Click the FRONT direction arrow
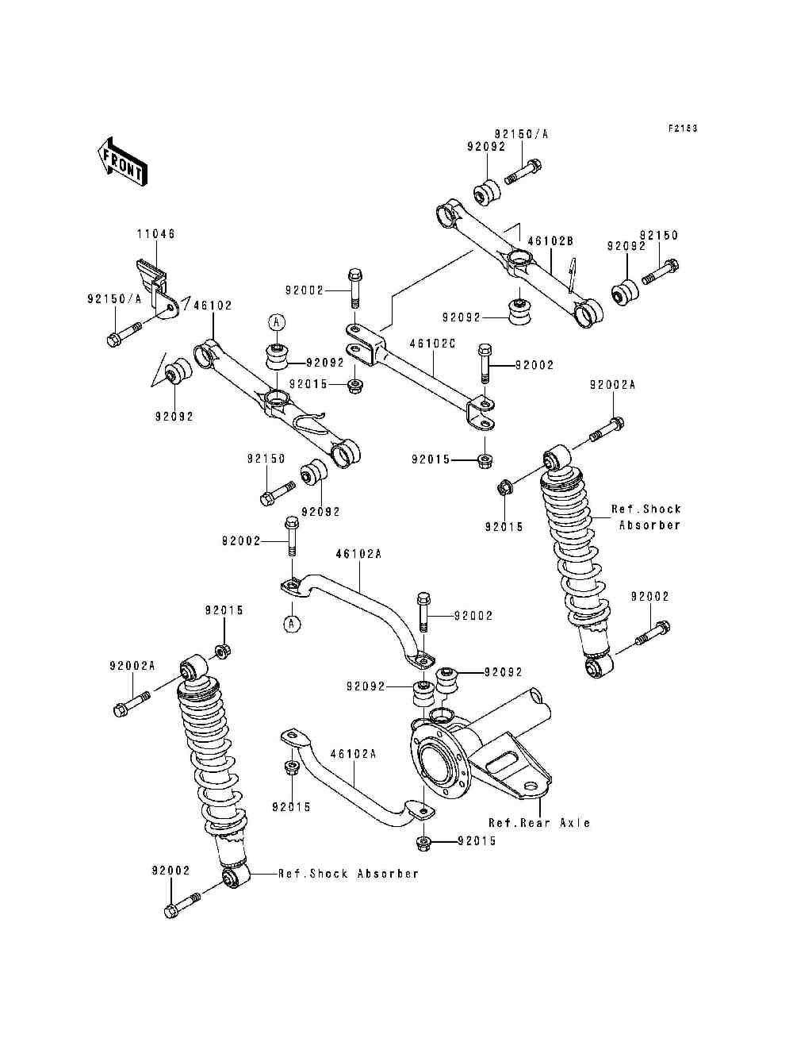tap(122, 162)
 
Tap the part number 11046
tap(156, 233)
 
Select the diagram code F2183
tap(683, 128)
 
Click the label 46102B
tap(550, 240)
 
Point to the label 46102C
tap(432, 344)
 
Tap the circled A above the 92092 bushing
tap(277, 322)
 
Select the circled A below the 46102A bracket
tap(292, 624)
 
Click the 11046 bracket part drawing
tap(157, 289)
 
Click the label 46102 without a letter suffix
tap(213, 306)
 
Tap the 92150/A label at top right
tap(522, 134)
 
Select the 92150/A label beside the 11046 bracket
tap(114, 299)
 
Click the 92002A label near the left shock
tap(132, 666)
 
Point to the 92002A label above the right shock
tap(612, 385)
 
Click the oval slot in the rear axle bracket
tap(502, 761)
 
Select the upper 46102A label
tap(358, 554)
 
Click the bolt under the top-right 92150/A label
tap(523, 173)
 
